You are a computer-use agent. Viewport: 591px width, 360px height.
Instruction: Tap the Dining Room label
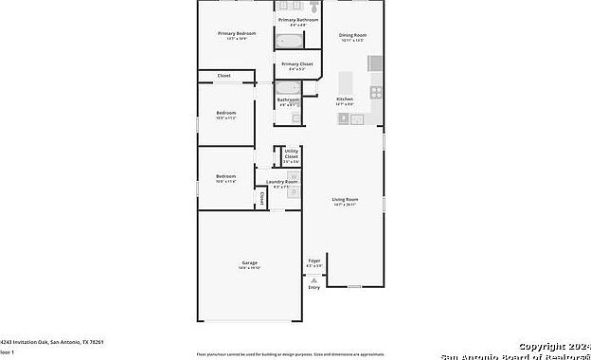coord(352,35)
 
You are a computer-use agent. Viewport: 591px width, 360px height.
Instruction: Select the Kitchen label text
coord(345,99)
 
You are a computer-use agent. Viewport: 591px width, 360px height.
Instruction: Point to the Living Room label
coord(345,199)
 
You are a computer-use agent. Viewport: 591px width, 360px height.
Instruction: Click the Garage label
coord(249,262)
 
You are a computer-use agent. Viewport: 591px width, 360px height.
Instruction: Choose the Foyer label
coord(314,260)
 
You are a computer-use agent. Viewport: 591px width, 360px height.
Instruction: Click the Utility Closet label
coord(291,153)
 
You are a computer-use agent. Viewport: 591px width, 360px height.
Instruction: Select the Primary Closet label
coord(296,64)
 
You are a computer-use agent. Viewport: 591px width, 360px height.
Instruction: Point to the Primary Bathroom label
coord(297,19)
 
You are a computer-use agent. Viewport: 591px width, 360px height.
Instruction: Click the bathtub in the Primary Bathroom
coord(289,40)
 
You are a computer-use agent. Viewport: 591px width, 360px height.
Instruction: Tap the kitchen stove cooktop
coord(375,93)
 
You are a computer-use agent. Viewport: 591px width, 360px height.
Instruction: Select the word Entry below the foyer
coord(314,287)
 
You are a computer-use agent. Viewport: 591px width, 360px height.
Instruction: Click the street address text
coord(52,341)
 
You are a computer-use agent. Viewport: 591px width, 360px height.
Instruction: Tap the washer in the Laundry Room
coord(295,176)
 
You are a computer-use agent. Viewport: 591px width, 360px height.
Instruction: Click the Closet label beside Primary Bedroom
coord(224,75)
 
